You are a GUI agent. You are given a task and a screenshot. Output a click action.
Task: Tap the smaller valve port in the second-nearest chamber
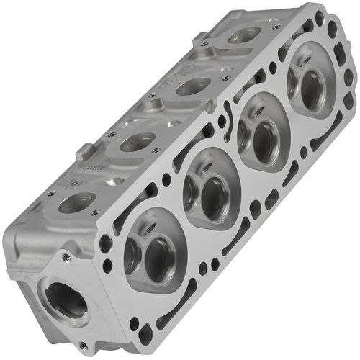[190, 189]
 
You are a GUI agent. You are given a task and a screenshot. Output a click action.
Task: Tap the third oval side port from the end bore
[193, 86]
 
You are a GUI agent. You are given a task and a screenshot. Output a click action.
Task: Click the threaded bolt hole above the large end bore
[67, 257]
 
